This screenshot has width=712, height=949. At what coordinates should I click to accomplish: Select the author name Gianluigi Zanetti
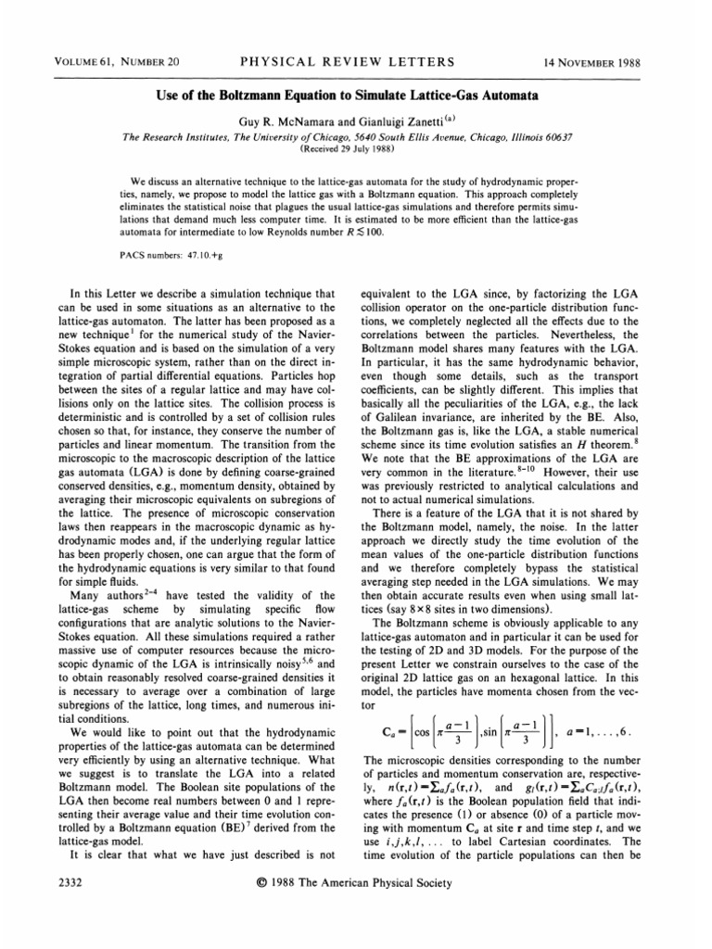413,120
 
